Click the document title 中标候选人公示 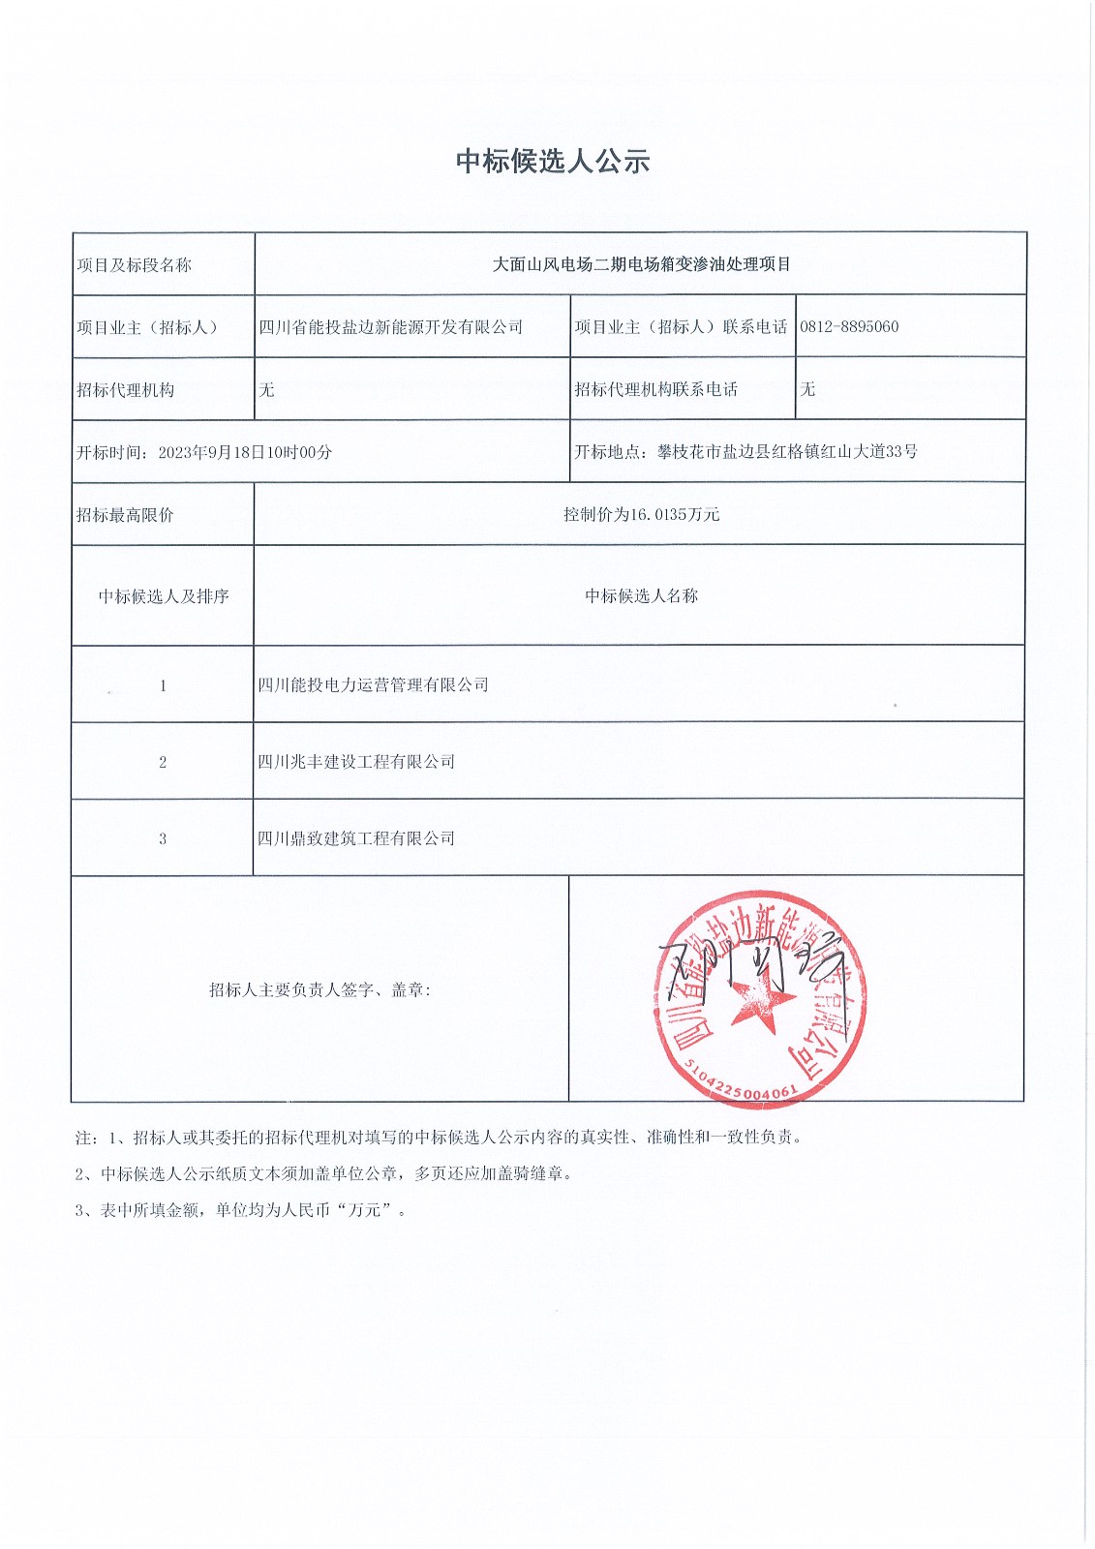(x=553, y=162)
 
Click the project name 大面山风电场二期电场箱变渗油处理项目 (x=641, y=264)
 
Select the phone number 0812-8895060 (x=849, y=327)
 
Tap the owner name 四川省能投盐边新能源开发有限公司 (x=390, y=327)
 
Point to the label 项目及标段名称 (x=135, y=265)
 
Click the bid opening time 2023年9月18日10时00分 (x=245, y=452)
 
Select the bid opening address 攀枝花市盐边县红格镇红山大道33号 (x=787, y=452)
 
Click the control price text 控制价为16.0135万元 (x=641, y=514)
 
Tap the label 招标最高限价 (x=125, y=515)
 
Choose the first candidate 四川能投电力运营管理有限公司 (x=373, y=685)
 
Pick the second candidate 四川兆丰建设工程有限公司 (x=356, y=762)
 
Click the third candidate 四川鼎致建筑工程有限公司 (x=356, y=838)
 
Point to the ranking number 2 (x=163, y=762)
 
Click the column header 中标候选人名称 (x=641, y=596)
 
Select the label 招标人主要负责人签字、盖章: (x=319, y=989)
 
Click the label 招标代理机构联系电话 (x=655, y=389)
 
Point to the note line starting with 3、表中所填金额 (x=241, y=1210)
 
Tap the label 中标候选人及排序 (x=164, y=596)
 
